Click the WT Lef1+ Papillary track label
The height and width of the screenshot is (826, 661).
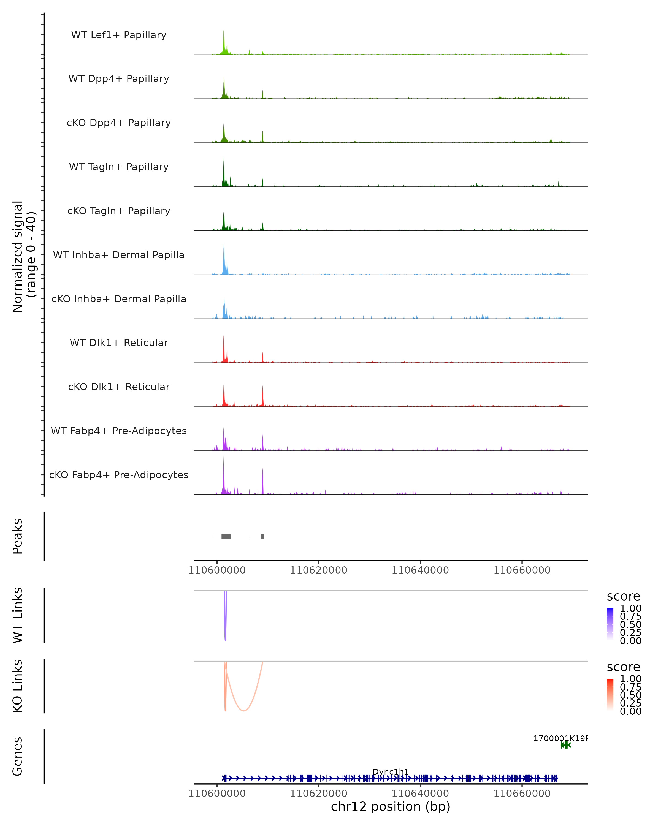point(119,35)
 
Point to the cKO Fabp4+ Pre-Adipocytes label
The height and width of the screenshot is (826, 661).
point(119,475)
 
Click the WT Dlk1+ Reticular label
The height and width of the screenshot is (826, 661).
point(119,343)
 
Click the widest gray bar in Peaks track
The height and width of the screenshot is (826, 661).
point(226,536)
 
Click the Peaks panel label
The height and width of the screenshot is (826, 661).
point(18,536)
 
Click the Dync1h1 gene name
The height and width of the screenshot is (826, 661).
point(391,771)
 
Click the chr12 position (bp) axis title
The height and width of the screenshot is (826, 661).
point(391,806)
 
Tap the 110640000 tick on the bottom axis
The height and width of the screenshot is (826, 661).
point(420,794)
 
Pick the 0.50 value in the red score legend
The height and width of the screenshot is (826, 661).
point(630,695)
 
